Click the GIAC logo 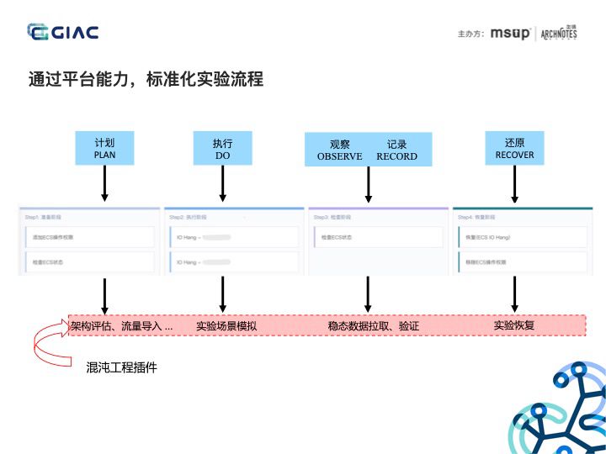63,33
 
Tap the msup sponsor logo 510,34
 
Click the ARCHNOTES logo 559,33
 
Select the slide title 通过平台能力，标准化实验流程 146,79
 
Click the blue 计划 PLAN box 105,149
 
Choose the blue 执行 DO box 222,149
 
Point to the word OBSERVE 339,156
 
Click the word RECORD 396,156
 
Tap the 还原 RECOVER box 514,149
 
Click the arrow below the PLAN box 105,182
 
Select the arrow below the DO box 222,182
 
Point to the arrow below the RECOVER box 514,182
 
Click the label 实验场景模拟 226,325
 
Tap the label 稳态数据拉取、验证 374,325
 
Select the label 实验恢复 514,325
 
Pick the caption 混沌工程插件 122,367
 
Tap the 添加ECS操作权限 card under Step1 88,238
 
